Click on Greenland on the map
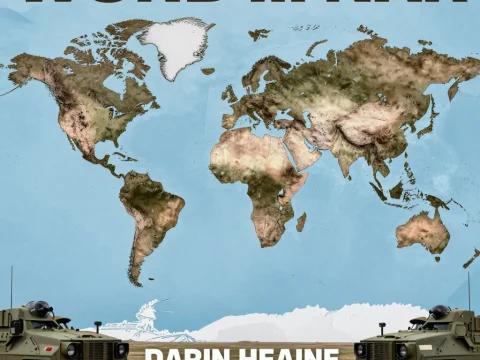pyautogui.click(x=175, y=45)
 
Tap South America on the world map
pyautogui.click(x=150, y=215)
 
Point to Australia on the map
pyautogui.click(x=422, y=230)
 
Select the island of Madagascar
pyautogui.click(x=301, y=221)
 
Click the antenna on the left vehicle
pyautogui.click(x=11, y=285)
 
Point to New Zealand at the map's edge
pyautogui.click(x=470, y=258)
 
